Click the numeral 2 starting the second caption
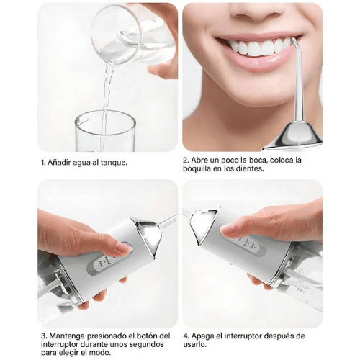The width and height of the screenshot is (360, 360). (x=185, y=160)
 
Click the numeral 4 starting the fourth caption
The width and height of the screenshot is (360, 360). (x=185, y=336)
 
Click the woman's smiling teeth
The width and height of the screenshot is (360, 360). (x=256, y=48)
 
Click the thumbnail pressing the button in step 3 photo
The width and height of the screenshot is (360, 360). (x=123, y=248)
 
